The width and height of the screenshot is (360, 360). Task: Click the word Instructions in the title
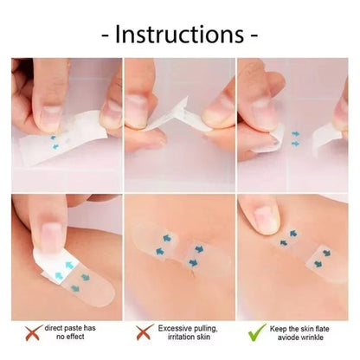pos(180,35)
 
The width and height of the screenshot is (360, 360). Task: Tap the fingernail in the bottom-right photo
pos(265,216)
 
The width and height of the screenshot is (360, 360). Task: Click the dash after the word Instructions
pos(254,35)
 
